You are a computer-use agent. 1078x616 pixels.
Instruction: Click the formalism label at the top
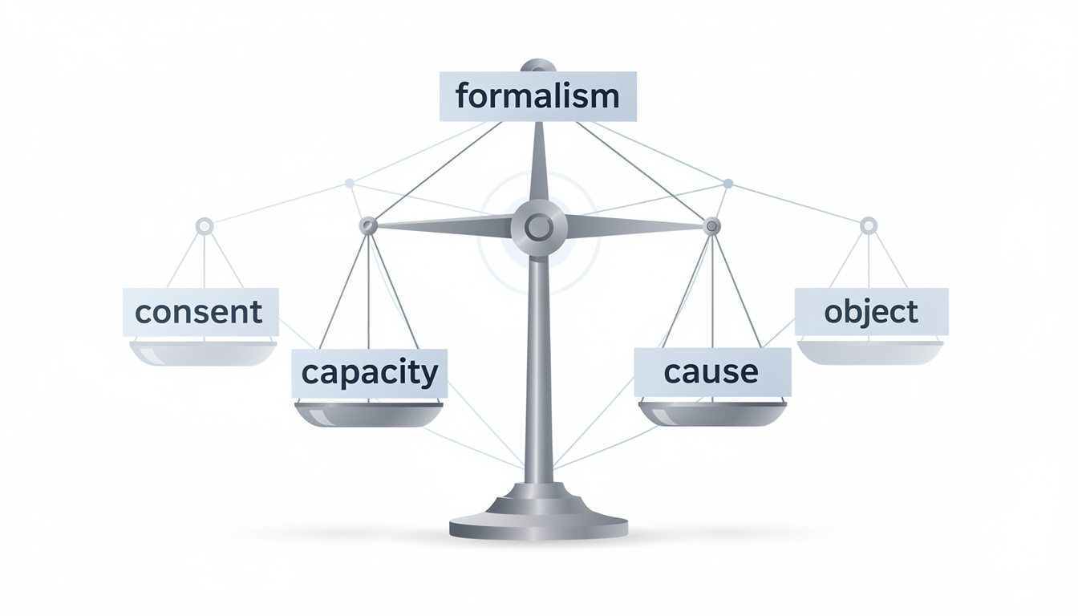pos(537,96)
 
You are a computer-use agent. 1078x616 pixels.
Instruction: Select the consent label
pos(200,311)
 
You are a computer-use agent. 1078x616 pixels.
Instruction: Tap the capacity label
pos(369,373)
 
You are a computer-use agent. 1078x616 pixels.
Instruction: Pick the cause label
pos(711,372)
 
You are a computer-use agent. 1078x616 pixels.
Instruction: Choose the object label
pos(871,311)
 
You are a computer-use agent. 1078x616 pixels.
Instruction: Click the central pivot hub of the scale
pos(539,228)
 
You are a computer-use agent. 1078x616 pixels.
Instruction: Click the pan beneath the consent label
pos(203,353)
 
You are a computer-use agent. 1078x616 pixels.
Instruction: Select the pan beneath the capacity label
pos(369,414)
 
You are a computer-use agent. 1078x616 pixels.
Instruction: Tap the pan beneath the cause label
pos(712,413)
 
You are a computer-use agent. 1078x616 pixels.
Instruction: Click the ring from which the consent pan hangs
pos(205,226)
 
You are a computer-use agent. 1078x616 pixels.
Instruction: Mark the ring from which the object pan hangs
pos(869,226)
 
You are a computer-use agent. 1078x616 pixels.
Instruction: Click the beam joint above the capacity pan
pos(368,226)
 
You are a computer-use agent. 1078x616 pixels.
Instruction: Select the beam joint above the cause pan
pos(711,227)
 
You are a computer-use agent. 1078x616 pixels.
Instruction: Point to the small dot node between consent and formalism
pos(349,184)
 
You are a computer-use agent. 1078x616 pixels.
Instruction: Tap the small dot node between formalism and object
pos(727,184)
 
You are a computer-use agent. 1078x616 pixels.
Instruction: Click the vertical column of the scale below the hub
pos(538,361)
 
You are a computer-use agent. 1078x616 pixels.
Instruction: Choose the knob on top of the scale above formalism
pos(538,65)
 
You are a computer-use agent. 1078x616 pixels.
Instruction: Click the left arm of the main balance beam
pos(441,227)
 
